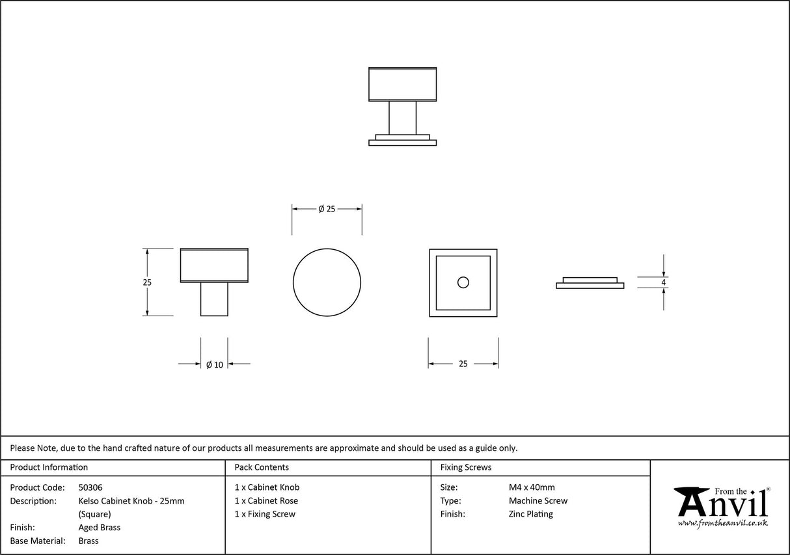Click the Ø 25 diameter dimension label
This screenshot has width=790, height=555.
pyautogui.click(x=327, y=209)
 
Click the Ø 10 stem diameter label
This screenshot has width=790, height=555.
pyautogui.click(x=215, y=365)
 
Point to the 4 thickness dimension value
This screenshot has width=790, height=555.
pyautogui.click(x=663, y=282)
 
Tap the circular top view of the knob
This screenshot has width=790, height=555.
pyautogui.click(x=327, y=282)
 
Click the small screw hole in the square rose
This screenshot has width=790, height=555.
pyautogui.click(x=463, y=282)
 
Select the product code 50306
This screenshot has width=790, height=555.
pyautogui.click(x=90, y=487)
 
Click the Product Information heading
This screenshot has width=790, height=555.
pyautogui.click(x=49, y=467)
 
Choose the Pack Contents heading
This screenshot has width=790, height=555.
pyautogui.click(x=262, y=467)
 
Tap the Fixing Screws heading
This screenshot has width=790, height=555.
pyautogui.click(x=466, y=467)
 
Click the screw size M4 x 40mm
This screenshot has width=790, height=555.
pyautogui.click(x=532, y=487)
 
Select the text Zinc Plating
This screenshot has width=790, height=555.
pyautogui.click(x=531, y=514)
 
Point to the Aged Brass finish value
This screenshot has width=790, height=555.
pyautogui.click(x=100, y=528)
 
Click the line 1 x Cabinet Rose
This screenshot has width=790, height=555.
pyautogui.click(x=266, y=501)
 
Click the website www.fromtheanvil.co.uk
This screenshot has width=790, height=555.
pyautogui.click(x=722, y=523)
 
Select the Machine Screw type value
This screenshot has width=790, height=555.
pyautogui.click(x=538, y=501)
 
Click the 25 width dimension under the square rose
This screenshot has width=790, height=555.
pyautogui.click(x=463, y=364)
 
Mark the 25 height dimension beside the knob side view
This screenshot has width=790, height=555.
pyautogui.click(x=147, y=282)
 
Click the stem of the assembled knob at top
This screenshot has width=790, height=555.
pyautogui.click(x=402, y=118)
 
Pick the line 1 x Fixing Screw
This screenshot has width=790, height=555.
pyautogui.click(x=265, y=514)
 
